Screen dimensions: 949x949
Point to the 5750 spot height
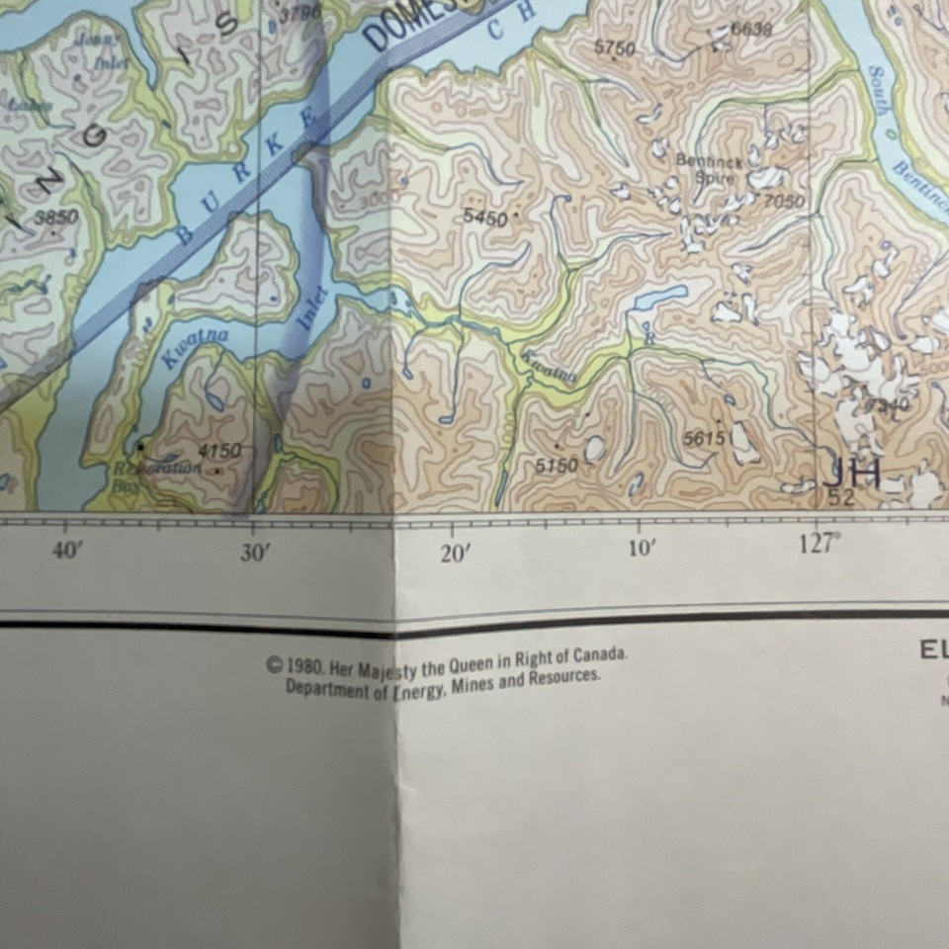615,46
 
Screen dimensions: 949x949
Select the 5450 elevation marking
484,216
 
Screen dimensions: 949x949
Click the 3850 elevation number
56,216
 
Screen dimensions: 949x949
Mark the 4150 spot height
218,451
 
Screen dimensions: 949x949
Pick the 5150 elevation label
557,465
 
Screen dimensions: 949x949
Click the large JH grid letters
850,474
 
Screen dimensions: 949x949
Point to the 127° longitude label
817,545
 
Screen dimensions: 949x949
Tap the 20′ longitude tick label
455,554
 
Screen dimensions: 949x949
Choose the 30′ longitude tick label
255,553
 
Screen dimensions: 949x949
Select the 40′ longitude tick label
66,551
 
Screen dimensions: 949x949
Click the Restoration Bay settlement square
140,448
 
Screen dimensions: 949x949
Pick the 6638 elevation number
751,30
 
